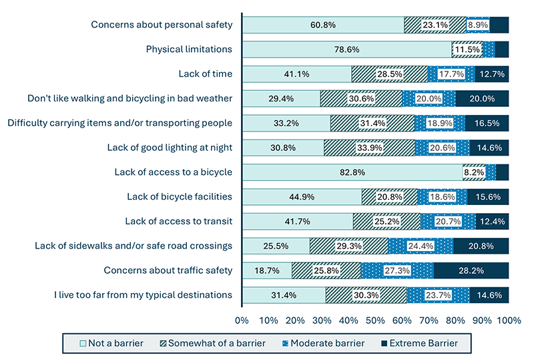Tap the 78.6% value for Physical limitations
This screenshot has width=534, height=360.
click(x=346, y=49)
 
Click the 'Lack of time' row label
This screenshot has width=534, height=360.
click(x=205, y=74)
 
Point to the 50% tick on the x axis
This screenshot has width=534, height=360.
click(x=375, y=321)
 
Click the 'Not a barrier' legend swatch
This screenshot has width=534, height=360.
click(x=83, y=343)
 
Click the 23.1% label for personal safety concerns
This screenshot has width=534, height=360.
click(x=435, y=25)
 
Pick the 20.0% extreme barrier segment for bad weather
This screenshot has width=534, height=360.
click(x=482, y=99)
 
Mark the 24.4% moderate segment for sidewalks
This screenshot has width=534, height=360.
click(x=420, y=246)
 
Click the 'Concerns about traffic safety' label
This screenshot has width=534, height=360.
click(x=168, y=271)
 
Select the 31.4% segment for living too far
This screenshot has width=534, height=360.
click(x=284, y=295)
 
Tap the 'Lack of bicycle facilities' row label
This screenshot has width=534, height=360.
click(x=179, y=196)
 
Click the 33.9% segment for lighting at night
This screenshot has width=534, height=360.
click(x=369, y=148)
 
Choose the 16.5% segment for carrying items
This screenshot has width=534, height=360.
click(x=487, y=123)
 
